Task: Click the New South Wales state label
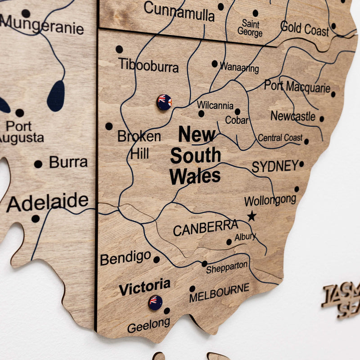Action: [195, 155]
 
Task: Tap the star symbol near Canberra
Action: [252, 216]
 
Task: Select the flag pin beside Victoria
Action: [155, 302]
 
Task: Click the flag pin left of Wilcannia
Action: [164, 102]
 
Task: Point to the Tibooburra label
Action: [148, 66]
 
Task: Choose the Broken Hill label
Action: [139, 144]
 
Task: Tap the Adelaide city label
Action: [48, 202]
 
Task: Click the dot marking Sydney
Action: [301, 164]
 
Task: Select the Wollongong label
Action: [270, 200]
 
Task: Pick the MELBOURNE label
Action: [219, 293]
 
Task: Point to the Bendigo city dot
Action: [157, 260]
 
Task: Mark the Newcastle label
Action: [293, 116]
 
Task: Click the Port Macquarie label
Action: [297, 86]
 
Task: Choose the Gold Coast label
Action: [305, 29]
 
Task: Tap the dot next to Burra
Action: [38, 164]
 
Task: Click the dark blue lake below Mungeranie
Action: [56, 96]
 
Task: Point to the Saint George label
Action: [250, 28]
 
